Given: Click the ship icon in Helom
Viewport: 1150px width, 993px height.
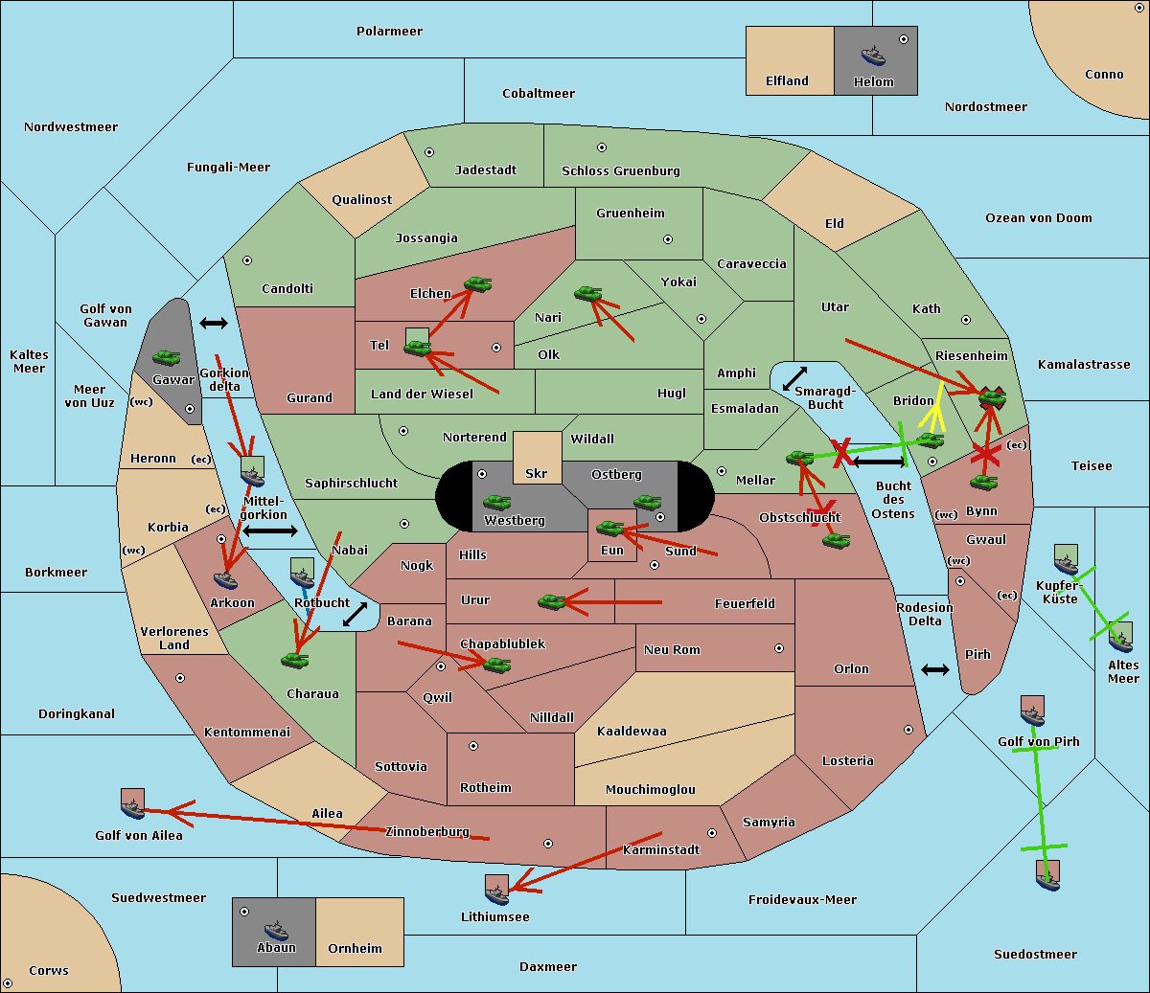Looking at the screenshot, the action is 873,56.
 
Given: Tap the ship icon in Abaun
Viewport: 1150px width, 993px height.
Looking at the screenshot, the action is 276,931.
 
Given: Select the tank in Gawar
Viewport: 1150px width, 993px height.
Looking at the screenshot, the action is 167,357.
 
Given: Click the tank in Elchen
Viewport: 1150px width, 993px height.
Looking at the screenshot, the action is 478,284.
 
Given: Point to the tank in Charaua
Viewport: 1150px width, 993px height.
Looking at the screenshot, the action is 295,660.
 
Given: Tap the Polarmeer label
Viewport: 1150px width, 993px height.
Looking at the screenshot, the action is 389,32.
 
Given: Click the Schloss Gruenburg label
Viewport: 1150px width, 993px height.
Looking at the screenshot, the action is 621,170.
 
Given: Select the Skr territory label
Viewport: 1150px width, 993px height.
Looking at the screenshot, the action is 536,473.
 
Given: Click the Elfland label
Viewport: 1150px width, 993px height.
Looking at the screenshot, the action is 787,80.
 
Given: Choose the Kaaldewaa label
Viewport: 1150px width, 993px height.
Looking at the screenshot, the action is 632,731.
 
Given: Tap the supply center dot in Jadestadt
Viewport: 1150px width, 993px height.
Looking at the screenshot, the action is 429,152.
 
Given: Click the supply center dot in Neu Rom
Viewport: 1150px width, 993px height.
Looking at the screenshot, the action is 779,648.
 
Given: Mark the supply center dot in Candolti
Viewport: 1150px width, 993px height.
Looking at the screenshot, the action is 247,260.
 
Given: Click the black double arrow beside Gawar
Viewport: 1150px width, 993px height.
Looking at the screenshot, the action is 214,323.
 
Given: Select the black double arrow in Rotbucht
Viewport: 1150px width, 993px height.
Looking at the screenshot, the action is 356,614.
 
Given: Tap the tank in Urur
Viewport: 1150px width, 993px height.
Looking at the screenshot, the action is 552,601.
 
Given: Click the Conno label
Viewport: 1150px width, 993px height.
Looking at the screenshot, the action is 1104,74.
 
